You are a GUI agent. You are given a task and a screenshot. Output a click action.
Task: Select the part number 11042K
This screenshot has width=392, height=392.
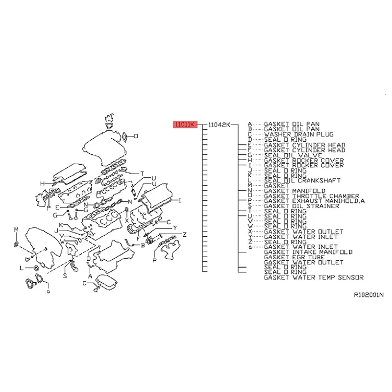coord(219,125)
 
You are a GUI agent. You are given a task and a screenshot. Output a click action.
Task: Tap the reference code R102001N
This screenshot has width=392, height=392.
coord(368,295)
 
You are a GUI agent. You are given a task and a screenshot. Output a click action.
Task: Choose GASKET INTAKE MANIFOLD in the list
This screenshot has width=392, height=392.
coord(308,252)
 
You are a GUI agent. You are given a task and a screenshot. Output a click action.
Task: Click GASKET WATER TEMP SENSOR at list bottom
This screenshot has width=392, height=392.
coord(314,277)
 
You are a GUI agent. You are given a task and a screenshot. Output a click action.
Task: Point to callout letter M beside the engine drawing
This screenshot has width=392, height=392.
coord(16,230)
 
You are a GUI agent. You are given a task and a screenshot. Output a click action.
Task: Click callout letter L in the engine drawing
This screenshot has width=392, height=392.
coord(21,268)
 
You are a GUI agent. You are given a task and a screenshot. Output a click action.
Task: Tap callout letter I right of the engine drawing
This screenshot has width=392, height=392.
coord(179,200)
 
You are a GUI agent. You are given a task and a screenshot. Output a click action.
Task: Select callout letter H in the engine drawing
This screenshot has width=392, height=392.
coord(42,184)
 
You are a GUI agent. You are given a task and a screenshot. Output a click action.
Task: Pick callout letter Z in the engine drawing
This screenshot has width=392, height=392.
coord(184,234)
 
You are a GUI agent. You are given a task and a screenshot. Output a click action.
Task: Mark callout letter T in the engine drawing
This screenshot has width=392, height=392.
coord(142,173)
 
